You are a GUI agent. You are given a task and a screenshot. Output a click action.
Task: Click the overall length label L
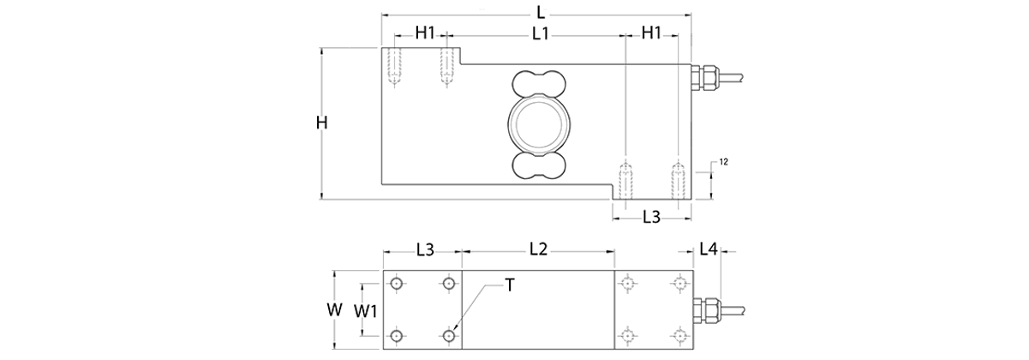[539, 12]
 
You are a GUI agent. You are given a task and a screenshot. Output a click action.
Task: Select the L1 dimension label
[540, 33]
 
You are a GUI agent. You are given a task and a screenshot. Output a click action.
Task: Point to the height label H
[321, 123]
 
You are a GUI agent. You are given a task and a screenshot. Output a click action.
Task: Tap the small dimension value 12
[724, 162]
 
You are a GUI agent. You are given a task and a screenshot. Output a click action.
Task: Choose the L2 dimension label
[538, 249]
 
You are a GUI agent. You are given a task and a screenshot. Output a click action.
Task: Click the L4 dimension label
[709, 249]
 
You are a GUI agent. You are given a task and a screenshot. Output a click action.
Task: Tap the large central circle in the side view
[538, 123]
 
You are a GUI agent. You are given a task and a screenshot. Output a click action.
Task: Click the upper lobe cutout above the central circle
[538, 85]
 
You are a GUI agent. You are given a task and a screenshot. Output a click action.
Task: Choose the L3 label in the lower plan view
[424, 249]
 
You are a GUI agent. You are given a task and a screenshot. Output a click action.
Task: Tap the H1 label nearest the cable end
[652, 33]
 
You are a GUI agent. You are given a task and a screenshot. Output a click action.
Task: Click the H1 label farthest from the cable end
[425, 33]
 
